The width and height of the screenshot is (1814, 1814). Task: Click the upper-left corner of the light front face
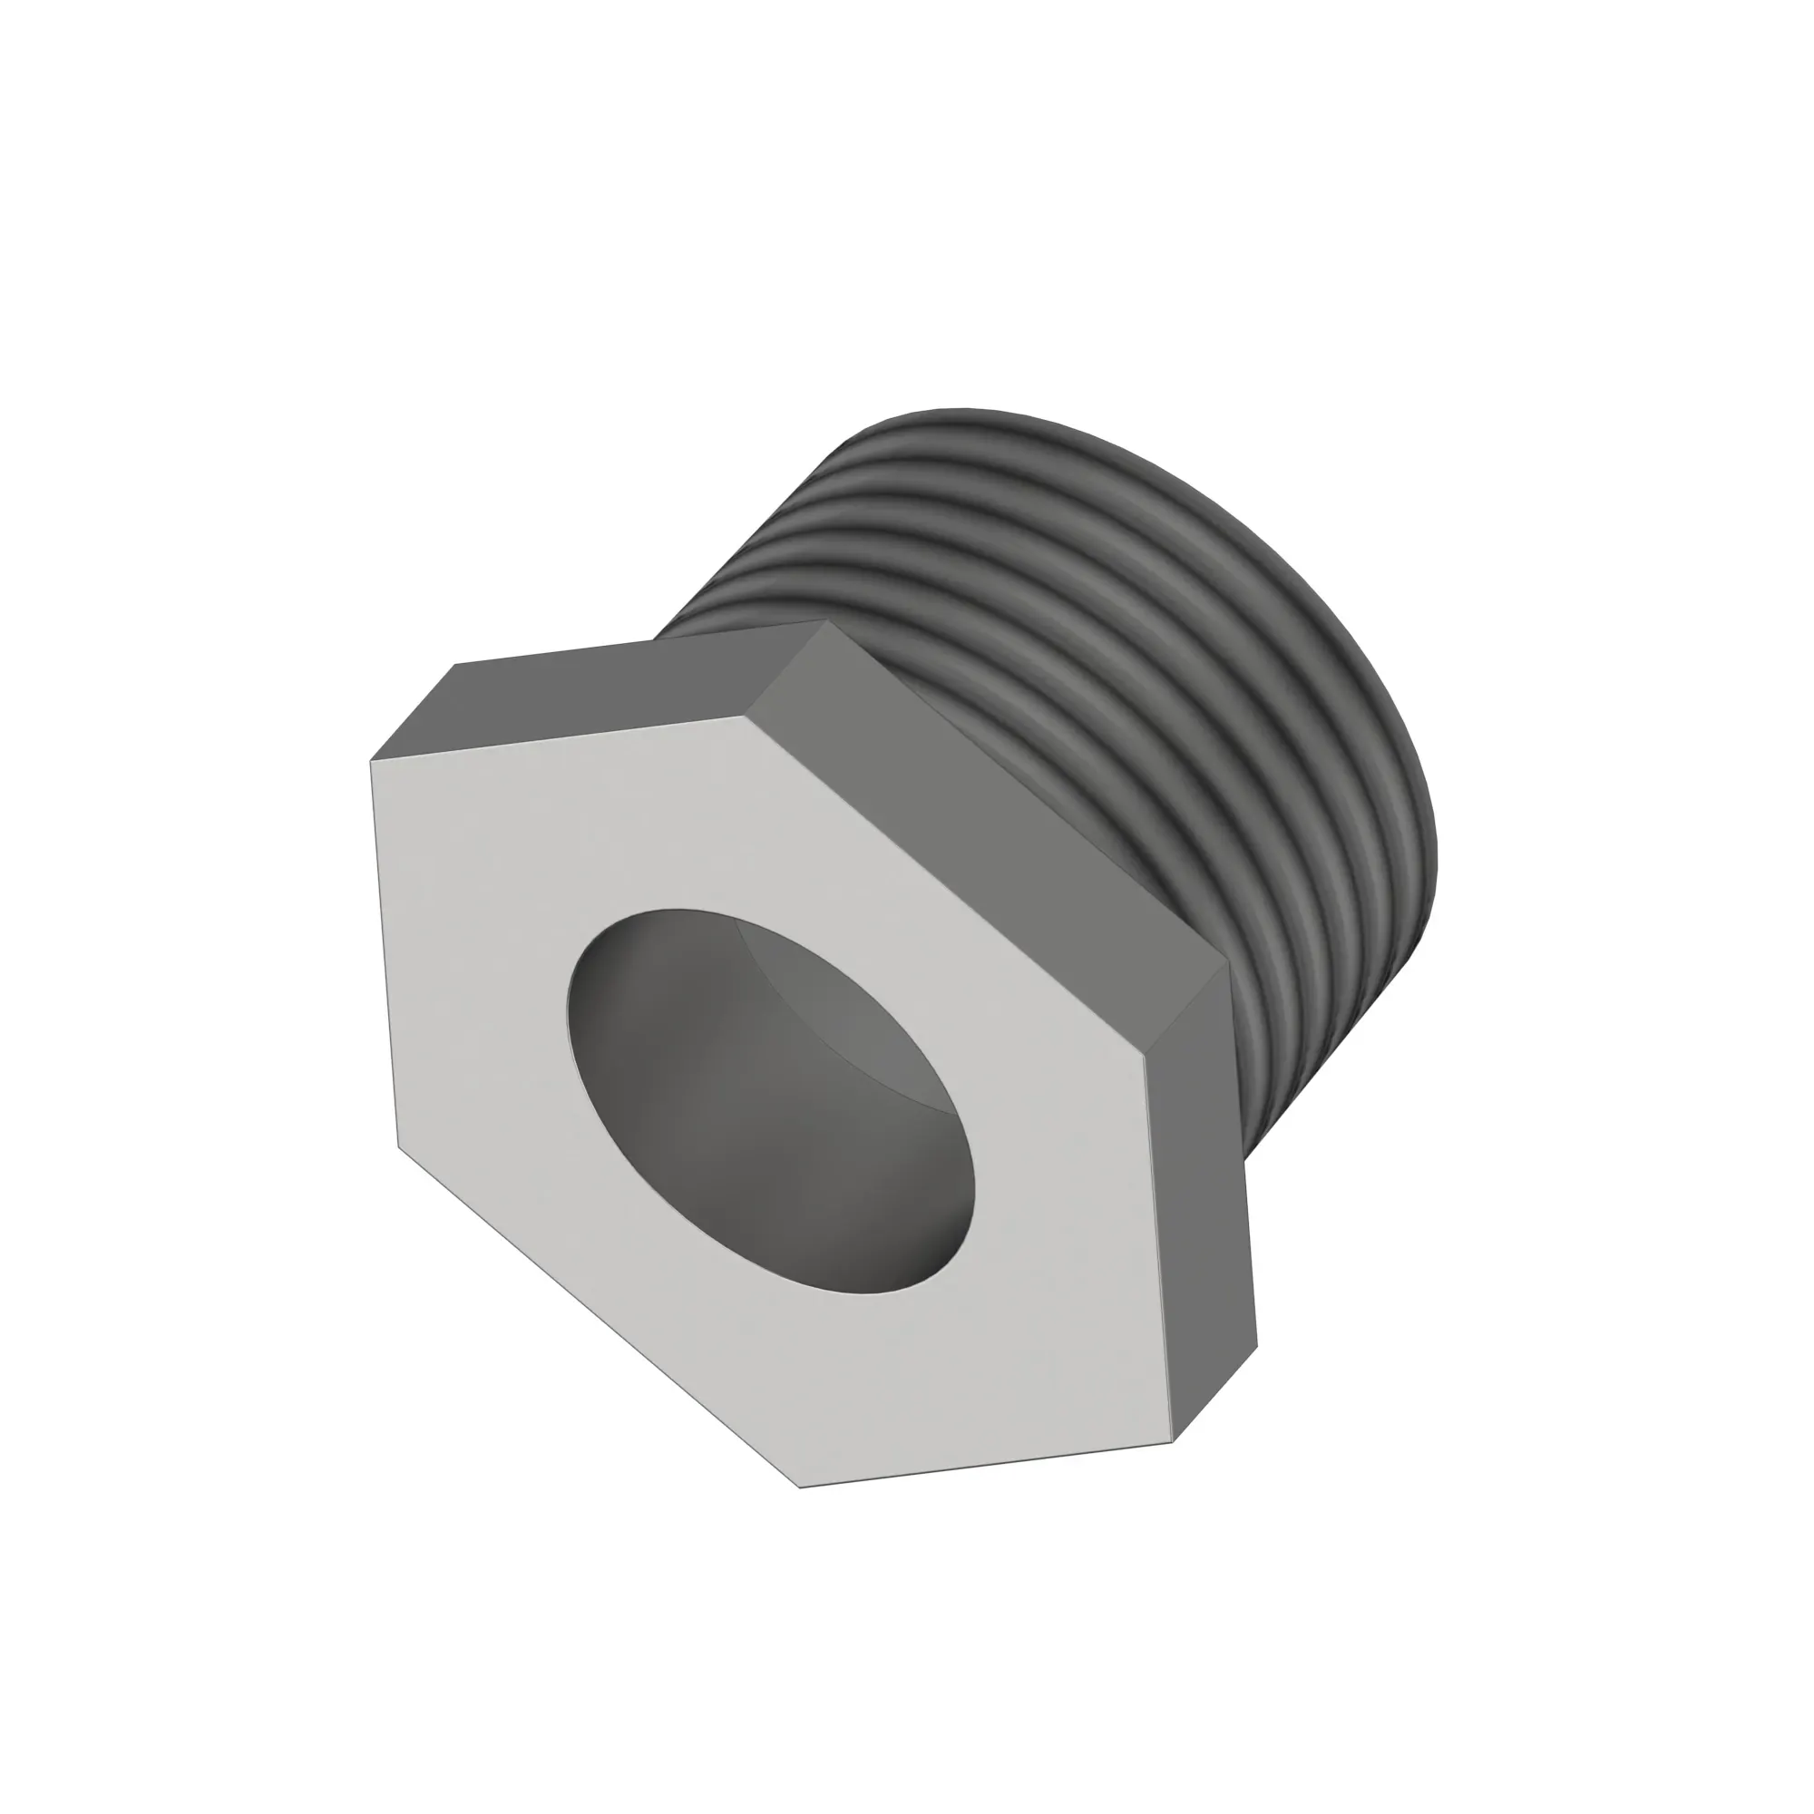pos(371,761)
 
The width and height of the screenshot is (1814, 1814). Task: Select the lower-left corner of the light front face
pos(398,1146)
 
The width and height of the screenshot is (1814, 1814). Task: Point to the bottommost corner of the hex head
pos(800,1487)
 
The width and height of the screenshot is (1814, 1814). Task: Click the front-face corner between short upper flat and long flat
pos(756,716)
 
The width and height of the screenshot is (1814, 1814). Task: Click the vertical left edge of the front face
pos(384,953)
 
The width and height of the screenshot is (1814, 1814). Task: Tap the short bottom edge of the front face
pos(986,1464)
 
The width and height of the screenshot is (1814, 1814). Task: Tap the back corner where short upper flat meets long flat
pos(824,619)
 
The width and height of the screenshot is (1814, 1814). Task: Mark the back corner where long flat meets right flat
pos(1228,964)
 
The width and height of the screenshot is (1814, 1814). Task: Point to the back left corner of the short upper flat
pos(455,665)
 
